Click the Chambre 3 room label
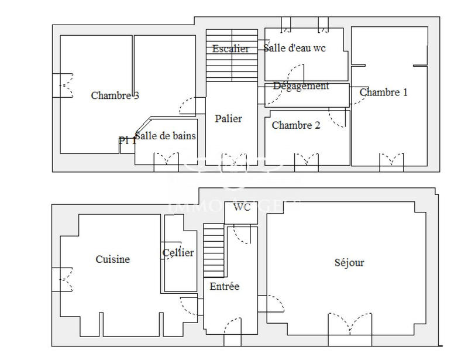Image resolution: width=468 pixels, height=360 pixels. pyautogui.click(x=115, y=96)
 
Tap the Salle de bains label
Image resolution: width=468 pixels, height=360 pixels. pyautogui.click(x=166, y=136)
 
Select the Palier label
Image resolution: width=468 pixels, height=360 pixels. pyautogui.click(x=228, y=118)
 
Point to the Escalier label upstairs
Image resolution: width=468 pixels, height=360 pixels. pyautogui.click(x=230, y=49)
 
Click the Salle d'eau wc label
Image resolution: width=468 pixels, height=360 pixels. pyautogui.click(x=294, y=48)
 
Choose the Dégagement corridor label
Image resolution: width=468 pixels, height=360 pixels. pyautogui.click(x=301, y=86)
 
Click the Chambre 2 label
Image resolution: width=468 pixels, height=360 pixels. pyautogui.click(x=296, y=125)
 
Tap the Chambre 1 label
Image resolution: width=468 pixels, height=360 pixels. pyautogui.click(x=383, y=92)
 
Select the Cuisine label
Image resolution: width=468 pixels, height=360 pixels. pyautogui.click(x=112, y=259)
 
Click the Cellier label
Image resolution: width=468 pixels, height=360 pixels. pyautogui.click(x=178, y=253)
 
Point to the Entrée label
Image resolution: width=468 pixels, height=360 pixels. pyautogui.click(x=225, y=286)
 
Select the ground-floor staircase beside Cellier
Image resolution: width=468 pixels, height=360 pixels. pyautogui.click(x=214, y=251)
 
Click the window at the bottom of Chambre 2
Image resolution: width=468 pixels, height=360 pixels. pyautogui.click(x=306, y=161)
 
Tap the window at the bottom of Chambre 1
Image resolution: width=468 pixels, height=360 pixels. pyautogui.click(x=391, y=161)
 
